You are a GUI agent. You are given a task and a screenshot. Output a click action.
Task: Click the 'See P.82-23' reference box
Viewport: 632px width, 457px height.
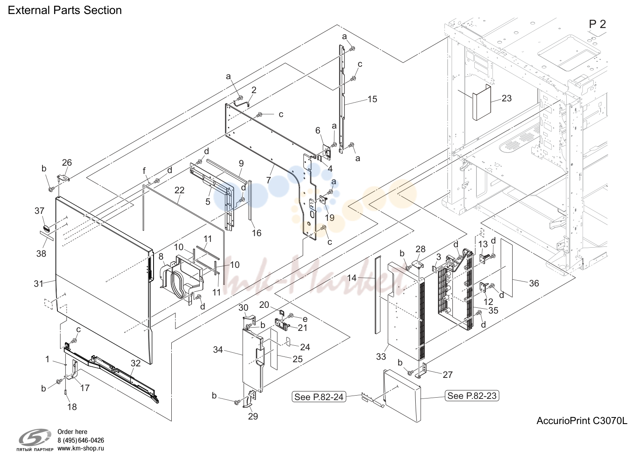472,396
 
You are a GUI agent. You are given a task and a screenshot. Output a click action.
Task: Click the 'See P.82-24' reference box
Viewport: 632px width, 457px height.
319,397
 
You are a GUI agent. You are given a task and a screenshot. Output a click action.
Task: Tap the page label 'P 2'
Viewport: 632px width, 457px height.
597,24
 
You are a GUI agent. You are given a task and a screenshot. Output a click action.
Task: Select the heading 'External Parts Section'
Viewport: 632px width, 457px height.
65,10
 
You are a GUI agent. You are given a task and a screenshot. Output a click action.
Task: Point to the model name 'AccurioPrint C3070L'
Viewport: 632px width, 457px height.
582,421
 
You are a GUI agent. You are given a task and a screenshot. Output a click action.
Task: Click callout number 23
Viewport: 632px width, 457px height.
507,98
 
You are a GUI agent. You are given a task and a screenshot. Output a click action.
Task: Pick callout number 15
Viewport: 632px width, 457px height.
372,99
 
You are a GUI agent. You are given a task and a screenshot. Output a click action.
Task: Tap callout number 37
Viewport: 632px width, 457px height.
40,211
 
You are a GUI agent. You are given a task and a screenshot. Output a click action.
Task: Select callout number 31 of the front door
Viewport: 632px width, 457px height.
39,284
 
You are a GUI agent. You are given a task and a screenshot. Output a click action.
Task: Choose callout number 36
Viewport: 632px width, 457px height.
534,283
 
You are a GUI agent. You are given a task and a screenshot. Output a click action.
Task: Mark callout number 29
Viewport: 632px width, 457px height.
253,416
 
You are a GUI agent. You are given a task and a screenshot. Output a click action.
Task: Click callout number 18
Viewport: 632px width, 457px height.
72,407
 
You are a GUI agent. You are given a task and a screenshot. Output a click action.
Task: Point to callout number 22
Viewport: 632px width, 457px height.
180,190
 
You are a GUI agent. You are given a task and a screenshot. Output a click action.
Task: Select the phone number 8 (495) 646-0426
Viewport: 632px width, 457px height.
80,440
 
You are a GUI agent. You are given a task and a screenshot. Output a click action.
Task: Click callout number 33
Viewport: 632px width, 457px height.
381,356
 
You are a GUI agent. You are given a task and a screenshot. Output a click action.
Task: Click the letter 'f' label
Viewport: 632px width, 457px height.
144,171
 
